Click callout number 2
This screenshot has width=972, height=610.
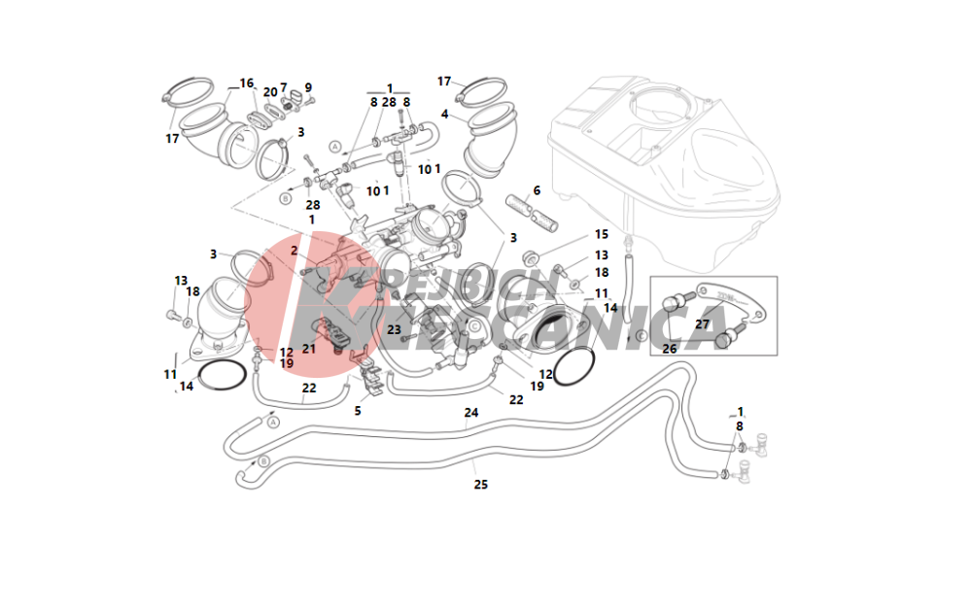[x=293, y=251]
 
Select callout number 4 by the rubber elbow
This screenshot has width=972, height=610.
[x=444, y=115]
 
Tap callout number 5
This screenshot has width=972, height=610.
[x=357, y=411]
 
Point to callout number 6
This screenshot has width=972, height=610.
[x=536, y=190]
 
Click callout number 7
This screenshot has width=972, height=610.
[x=284, y=88]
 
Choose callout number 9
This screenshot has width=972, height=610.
[x=308, y=88]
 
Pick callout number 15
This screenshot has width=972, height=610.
[x=601, y=235]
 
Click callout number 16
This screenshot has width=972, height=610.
[x=246, y=84]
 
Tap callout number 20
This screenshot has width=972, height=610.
[x=269, y=92]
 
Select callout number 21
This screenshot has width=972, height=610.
[x=309, y=348]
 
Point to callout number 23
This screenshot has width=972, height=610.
[x=394, y=329]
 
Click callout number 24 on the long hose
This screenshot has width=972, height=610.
[x=471, y=413]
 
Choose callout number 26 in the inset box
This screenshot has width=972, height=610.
[x=669, y=348]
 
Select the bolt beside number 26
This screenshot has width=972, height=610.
[x=727, y=339]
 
